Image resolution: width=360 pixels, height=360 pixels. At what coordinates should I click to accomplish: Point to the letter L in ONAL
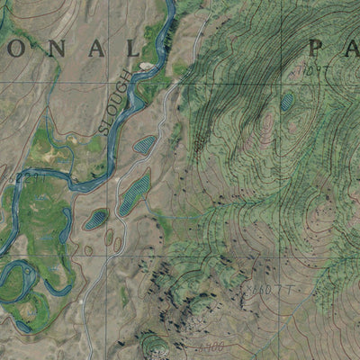click(134, 49)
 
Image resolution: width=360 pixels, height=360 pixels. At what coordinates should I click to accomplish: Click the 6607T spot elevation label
click(264, 288)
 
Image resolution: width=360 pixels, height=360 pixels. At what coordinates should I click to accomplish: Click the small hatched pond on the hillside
click(287, 103)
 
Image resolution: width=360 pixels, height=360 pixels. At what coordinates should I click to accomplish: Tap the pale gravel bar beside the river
click(146, 66)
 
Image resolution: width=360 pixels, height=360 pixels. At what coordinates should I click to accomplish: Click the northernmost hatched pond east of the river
click(144, 143)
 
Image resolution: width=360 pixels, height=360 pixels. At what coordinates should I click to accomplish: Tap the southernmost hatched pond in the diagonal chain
click(95, 218)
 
